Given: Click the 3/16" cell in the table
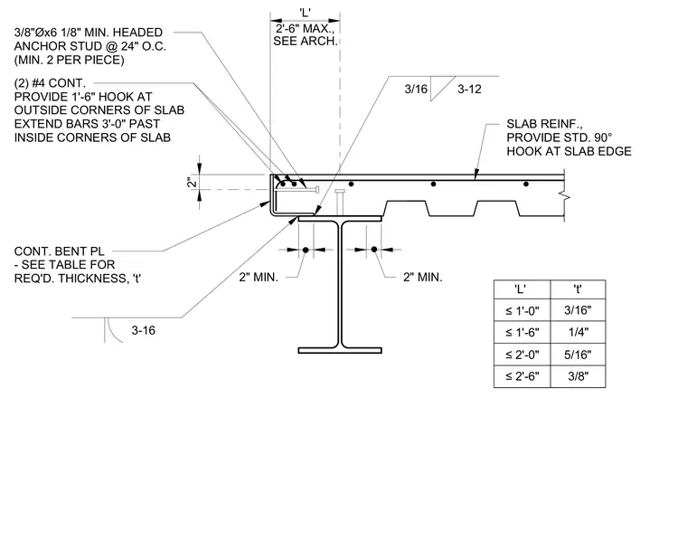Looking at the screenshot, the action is coord(578,310).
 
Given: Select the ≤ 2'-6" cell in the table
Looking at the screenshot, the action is coord(522,376).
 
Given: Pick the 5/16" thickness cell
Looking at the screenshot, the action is coord(578,355).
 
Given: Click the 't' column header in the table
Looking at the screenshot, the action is coord(578,289).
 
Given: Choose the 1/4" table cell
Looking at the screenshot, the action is coord(578,332).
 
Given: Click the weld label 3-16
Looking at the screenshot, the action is coord(143,330).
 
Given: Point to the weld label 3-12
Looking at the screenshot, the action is coord(469,90).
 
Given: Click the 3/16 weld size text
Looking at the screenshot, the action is coord(416,90).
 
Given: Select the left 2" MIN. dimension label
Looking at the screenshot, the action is coord(259,277).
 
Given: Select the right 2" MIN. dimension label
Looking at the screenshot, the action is coord(423,277).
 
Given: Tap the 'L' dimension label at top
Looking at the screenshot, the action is coord(306,13).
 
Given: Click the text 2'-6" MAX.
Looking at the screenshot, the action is coord(305,29).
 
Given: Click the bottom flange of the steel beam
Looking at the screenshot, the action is coord(340,350).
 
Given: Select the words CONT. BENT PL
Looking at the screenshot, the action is coord(59,251).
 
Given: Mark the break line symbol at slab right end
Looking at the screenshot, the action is coord(565,196).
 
